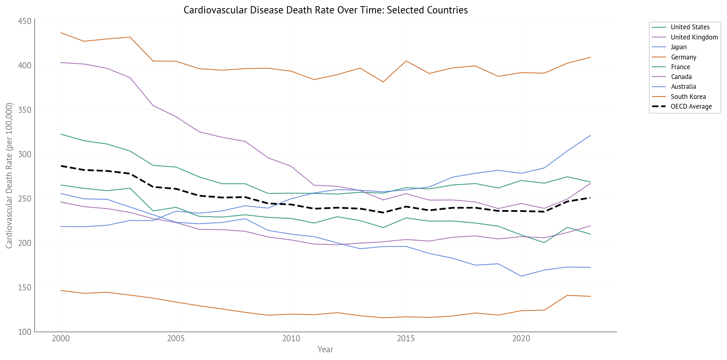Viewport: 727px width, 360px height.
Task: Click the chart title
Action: (x=325, y=10)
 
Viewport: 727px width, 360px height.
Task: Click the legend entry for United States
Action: (x=690, y=27)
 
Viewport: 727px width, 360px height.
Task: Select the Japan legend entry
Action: (x=679, y=47)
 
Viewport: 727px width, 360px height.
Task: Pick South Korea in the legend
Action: (x=688, y=97)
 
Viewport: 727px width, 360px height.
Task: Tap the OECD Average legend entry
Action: (x=691, y=107)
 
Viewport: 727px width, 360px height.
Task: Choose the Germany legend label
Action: (x=683, y=57)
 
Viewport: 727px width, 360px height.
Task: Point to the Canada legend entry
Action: (x=681, y=77)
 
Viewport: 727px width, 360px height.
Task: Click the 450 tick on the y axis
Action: (x=25, y=21)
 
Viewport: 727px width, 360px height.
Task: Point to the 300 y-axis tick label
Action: (x=25, y=154)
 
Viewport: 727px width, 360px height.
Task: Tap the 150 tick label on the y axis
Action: (x=25, y=288)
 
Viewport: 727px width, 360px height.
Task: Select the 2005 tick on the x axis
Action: (x=176, y=339)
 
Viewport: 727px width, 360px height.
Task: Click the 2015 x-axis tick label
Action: (x=406, y=339)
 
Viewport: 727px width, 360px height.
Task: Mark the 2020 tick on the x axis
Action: (x=521, y=339)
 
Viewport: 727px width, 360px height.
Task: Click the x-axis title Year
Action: (x=325, y=349)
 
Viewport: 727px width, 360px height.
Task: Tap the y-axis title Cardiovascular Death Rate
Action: (x=9, y=176)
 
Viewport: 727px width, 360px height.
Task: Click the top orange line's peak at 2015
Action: (x=406, y=61)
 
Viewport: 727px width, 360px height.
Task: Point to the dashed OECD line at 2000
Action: (x=61, y=166)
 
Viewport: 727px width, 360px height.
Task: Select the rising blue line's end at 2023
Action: (x=590, y=136)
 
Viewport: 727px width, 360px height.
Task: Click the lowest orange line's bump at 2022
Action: (x=567, y=295)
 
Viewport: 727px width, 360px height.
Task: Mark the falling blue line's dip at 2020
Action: (x=521, y=276)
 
